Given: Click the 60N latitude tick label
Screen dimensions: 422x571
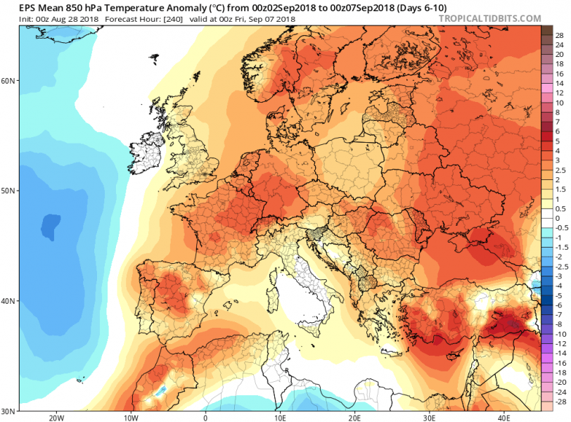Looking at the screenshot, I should tap(9, 80).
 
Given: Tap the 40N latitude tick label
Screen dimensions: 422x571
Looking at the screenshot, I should tap(9, 301).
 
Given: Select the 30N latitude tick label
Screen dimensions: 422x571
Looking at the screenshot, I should tap(9, 411).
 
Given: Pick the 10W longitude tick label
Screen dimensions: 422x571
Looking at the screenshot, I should tap(130, 417).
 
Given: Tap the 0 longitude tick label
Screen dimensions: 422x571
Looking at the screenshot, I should tap(205, 417).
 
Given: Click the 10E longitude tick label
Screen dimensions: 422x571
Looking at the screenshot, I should tap(279, 417).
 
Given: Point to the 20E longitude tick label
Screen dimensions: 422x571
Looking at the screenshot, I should tap(354, 417).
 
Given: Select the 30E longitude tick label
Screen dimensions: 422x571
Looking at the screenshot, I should tap(429, 417).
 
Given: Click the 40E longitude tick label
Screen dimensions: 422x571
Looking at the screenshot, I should tap(503, 417).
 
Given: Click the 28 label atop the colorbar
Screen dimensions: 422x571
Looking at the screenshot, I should tap(559, 34).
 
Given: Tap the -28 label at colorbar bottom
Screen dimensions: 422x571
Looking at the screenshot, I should tap(560, 402).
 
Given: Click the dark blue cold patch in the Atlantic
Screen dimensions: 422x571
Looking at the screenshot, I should tap(51, 225).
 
